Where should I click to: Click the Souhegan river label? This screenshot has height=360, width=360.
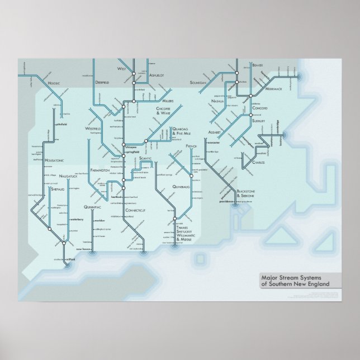click(198, 82)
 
